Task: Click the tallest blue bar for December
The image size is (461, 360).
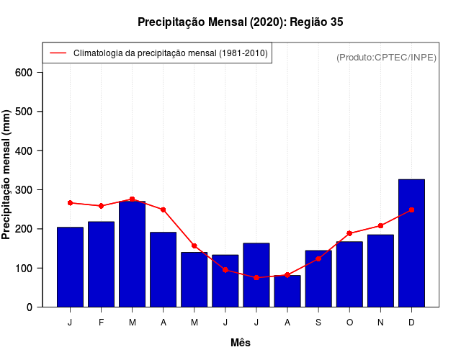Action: [x=411, y=243]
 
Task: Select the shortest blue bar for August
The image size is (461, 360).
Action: [x=287, y=291]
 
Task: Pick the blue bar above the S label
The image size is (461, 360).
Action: [x=318, y=279]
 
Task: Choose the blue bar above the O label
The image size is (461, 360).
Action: [x=349, y=274]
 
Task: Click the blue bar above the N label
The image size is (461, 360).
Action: [x=380, y=271]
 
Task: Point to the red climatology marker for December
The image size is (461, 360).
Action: [x=411, y=210]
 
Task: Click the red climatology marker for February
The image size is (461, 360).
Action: [x=101, y=206]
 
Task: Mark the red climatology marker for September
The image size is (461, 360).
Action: [x=318, y=258]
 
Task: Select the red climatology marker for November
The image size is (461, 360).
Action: [x=380, y=226]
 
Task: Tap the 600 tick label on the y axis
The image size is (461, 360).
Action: [x=24, y=73]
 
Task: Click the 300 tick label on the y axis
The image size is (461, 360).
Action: [x=24, y=190]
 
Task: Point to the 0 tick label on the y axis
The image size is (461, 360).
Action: [x=30, y=307]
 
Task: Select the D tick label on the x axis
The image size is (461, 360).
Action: [x=411, y=323]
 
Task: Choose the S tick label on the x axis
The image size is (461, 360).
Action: [x=318, y=323]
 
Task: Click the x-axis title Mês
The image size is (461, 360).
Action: [x=241, y=343]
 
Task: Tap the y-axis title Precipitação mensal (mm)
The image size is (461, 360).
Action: [x=7, y=174]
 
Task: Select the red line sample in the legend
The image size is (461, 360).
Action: [x=58, y=53]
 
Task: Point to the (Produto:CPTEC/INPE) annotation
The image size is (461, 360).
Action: [x=386, y=57]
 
